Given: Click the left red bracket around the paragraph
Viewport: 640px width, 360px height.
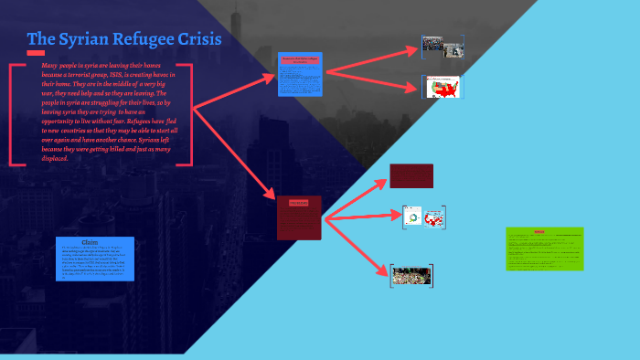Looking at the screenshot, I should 12,114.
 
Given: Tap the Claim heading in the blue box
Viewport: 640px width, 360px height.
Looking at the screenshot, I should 90,242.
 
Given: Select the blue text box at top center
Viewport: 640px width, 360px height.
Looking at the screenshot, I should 302,75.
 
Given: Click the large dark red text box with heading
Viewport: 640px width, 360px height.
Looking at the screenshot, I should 299,217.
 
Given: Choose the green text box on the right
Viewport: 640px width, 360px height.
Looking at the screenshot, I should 545,249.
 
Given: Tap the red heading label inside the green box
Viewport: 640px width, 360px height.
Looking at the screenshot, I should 539,232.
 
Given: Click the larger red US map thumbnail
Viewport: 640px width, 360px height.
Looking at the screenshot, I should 443,88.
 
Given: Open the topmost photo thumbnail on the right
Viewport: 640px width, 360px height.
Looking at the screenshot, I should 443,47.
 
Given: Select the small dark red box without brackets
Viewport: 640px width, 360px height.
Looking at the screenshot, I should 411,175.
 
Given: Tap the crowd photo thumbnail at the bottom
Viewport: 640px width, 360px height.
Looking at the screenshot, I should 412,275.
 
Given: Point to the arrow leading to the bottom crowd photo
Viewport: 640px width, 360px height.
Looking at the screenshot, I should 357,247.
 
